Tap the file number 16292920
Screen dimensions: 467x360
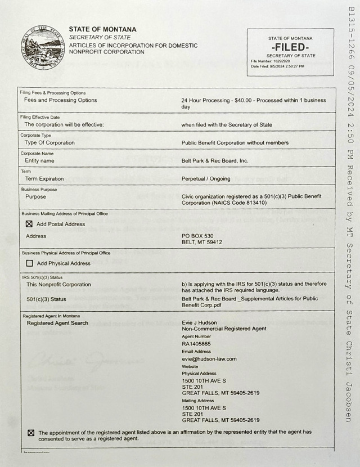[280, 61]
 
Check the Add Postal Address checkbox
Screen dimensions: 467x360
[30, 224]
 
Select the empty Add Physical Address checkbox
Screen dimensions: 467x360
[30, 263]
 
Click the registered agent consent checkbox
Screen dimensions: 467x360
[31, 433]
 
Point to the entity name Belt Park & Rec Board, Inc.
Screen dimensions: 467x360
[215, 160]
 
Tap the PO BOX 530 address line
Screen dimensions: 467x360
[197, 236]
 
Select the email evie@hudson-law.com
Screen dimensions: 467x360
[209, 358]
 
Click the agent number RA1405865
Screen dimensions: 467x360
[196, 343]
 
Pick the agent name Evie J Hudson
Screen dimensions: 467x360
[200, 322]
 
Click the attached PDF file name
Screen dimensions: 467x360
[250, 302]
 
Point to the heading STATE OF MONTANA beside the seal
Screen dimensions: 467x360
[102, 29]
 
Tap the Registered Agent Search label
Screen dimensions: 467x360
[57, 324]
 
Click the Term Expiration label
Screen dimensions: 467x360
[44, 179]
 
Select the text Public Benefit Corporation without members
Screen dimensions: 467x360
[235, 143]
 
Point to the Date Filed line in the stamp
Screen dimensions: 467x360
[277, 66]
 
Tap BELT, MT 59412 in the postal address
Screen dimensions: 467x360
[201, 242]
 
